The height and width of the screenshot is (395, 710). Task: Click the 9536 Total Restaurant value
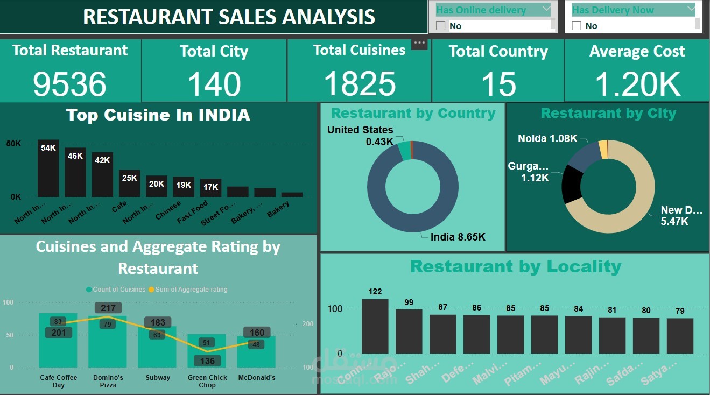(69, 84)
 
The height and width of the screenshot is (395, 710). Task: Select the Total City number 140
(214, 84)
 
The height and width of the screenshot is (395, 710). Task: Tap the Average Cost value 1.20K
(637, 84)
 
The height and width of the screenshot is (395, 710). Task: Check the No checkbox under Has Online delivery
(441, 26)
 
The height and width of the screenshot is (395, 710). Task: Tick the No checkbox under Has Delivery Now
(577, 26)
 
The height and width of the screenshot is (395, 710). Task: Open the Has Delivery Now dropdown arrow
(691, 9)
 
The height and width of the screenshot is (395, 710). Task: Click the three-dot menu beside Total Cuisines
(419, 43)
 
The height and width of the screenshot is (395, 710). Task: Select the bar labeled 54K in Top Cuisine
(48, 168)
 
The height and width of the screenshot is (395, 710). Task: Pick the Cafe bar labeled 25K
(129, 184)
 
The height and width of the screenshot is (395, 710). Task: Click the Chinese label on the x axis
(168, 211)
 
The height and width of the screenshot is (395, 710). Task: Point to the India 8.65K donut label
(458, 236)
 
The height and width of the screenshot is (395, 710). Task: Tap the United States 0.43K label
(360, 135)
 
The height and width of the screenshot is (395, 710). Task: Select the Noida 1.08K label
(547, 139)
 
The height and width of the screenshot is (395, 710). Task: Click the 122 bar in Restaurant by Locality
(375, 326)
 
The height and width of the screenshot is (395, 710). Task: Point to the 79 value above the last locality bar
(680, 311)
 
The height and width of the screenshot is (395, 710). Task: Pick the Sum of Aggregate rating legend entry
(187, 290)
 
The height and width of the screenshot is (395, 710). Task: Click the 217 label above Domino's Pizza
(108, 308)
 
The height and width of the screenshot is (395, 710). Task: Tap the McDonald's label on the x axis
(256, 378)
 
